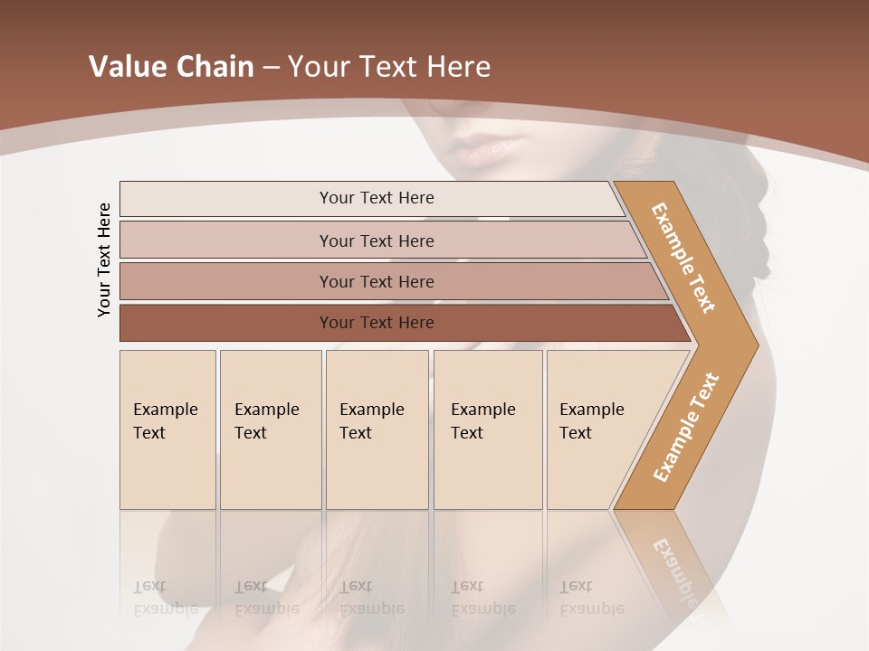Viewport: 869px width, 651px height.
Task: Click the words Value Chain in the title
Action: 171,67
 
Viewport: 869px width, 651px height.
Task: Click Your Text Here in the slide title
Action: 389,67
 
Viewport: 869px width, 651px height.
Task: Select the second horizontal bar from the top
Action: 377,241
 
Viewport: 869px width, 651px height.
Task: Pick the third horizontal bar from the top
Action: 377,281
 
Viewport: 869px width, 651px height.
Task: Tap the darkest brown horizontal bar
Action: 377,323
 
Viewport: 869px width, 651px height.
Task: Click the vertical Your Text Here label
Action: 104,259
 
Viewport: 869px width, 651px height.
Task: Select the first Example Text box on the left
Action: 167,429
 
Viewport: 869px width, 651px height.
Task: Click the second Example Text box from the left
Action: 270,429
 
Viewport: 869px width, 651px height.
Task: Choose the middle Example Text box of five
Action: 377,429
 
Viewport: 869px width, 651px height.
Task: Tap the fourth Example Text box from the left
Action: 487,429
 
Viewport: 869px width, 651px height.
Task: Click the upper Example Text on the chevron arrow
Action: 683,258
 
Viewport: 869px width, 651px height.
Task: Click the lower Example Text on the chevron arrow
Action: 686,427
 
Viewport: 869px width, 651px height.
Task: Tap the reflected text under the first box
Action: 165,598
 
